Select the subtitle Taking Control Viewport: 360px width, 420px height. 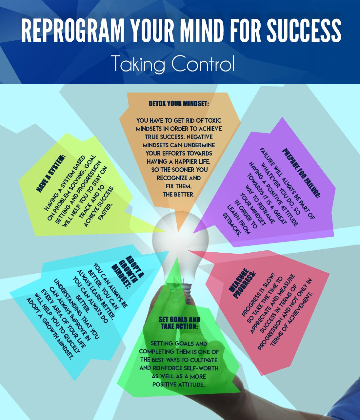click(x=174, y=63)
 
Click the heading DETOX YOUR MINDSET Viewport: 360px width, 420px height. click(x=179, y=104)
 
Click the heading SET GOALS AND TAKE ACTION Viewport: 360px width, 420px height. click(x=179, y=323)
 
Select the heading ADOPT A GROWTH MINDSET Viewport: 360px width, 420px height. click(x=128, y=272)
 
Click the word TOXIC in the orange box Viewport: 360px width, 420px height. click(x=213, y=120)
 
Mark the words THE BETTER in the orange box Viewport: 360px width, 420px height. click(x=179, y=195)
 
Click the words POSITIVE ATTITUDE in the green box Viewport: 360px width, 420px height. click(x=178, y=385)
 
